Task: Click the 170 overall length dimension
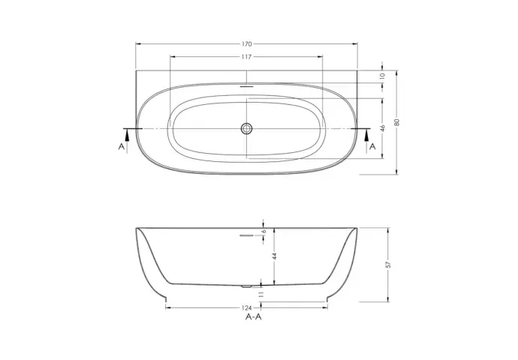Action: (x=247, y=44)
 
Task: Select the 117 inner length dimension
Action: (x=246, y=57)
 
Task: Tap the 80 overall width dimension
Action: (x=397, y=122)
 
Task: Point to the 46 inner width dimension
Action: (x=383, y=128)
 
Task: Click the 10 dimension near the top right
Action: (x=383, y=76)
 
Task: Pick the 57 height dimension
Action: (x=388, y=265)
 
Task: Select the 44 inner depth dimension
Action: (x=275, y=256)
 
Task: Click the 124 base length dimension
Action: (x=246, y=307)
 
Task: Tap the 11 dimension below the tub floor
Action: (x=261, y=294)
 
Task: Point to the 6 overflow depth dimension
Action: (x=264, y=231)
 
